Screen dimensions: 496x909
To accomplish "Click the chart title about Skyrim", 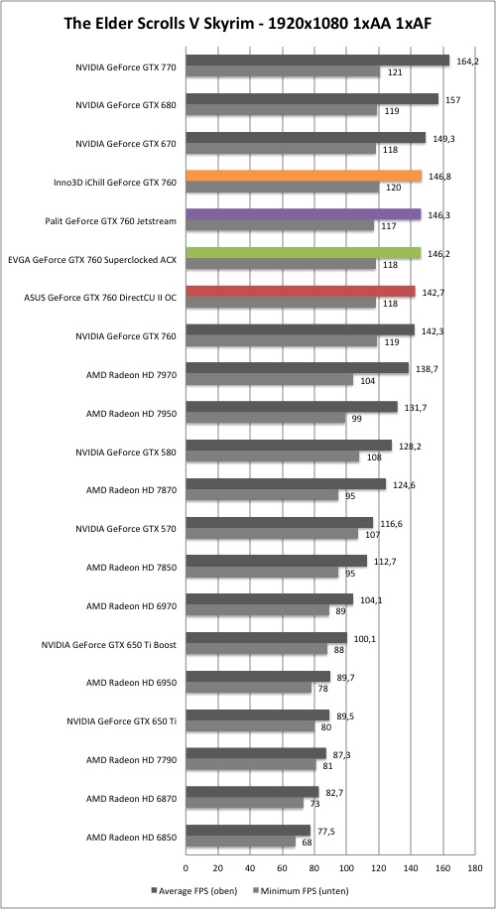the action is (248, 24).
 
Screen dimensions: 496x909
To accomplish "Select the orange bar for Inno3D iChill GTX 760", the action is (304, 177).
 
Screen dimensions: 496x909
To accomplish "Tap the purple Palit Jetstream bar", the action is (303, 214).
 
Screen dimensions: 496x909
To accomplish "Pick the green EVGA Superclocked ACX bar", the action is (303, 253).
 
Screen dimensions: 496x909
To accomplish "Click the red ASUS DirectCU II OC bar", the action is (301, 292).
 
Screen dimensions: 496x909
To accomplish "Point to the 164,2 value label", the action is (467, 61).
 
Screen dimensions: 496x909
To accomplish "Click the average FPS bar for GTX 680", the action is (311, 99).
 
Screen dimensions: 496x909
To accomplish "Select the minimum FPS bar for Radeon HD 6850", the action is (240, 843).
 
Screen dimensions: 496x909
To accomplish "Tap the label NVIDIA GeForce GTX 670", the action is (126, 143).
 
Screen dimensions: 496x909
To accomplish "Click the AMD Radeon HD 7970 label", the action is (131, 374).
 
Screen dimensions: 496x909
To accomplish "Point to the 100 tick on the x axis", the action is (346, 868).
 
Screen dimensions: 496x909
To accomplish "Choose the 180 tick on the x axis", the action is (474, 868).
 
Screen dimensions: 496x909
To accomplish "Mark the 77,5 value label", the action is (325, 832).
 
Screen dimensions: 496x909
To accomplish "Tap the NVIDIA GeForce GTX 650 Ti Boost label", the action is (109, 644).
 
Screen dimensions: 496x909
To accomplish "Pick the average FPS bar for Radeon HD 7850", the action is (277, 561).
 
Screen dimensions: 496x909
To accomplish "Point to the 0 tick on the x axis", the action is (186, 868).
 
